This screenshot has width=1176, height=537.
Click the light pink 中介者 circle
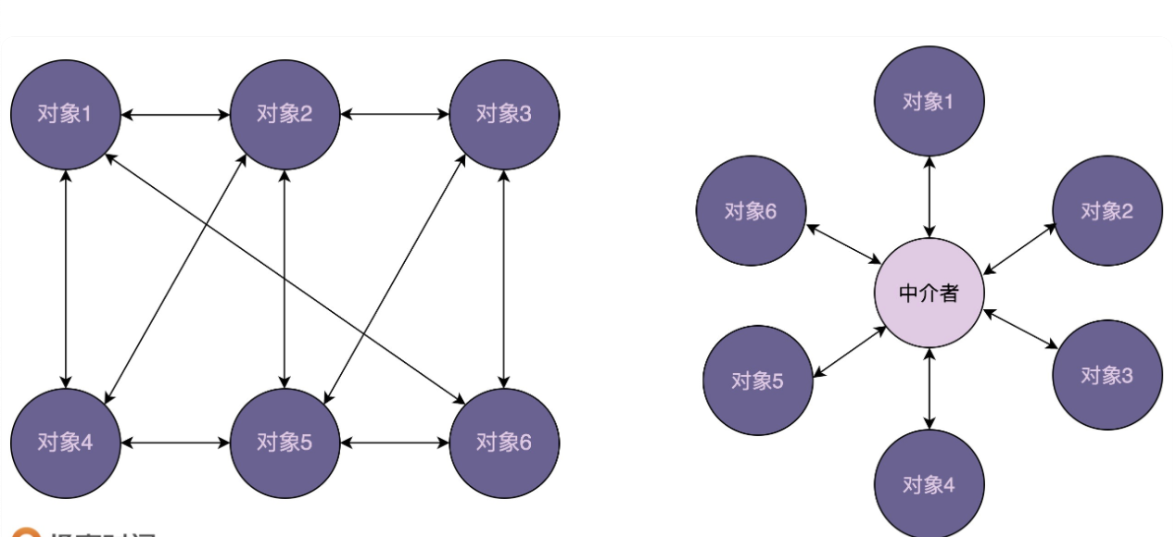pyautogui.click(x=929, y=293)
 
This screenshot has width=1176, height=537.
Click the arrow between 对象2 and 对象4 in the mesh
pyautogui.click(x=175, y=278)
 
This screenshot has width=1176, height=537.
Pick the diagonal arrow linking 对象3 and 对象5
pyautogui.click(x=395, y=278)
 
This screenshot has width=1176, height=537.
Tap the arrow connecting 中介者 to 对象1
pyautogui.click(x=929, y=197)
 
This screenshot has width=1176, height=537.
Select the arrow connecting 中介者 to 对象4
pyautogui.click(x=929, y=389)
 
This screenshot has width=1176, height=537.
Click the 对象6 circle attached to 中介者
pyautogui.click(x=751, y=210)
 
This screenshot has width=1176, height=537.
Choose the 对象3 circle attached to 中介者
pyautogui.click(x=1106, y=375)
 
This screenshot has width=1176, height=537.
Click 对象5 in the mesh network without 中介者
pyautogui.click(x=285, y=443)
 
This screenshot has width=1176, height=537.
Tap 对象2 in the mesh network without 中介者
pyautogui.click(x=285, y=115)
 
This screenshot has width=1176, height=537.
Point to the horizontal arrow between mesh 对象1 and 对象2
pyautogui.click(x=175, y=115)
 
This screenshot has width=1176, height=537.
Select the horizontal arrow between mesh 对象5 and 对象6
pyautogui.click(x=395, y=443)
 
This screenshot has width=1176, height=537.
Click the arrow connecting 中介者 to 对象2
pyautogui.click(x=1019, y=249)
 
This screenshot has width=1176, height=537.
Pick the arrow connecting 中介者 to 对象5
pyautogui.click(x=850, y=352)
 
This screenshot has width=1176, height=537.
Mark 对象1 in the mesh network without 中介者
pyautogui.click(x=65, y=115)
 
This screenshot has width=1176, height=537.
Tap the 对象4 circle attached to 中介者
pyautogui.click(x=929, y=483)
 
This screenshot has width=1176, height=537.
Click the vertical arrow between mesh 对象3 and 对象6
pyautogui.click(x=503, y=278)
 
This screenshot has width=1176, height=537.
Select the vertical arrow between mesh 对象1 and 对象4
pyautogui.click(x=65, y=278)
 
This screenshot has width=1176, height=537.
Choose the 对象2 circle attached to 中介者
pyautogui.click(x=1106, y=210)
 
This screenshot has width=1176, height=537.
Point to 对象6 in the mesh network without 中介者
pyautogui.click(x=503, y=443)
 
